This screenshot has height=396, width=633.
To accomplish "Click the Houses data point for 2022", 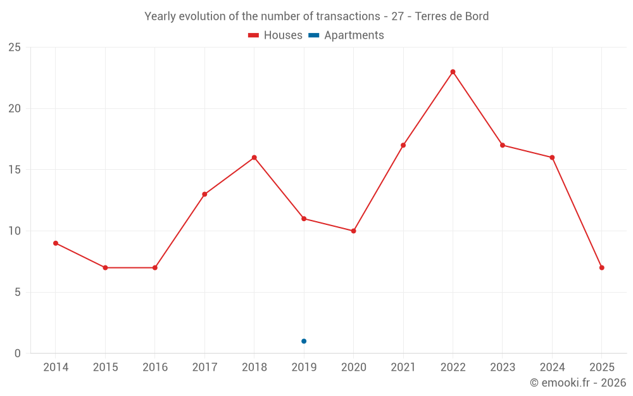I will click(x=453, y=72).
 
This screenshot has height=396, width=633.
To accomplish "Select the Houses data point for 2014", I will click(x=56, y=243).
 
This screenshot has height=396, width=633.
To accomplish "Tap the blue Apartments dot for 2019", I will click(x=304, y=341).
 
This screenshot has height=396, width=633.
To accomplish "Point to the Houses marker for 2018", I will click(x=254, y=158).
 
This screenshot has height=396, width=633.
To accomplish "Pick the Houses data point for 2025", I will click(x=601, y=267).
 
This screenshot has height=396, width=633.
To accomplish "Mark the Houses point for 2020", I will click(x=353, y=231).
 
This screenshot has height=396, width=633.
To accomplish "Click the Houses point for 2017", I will click(x=204, y=194).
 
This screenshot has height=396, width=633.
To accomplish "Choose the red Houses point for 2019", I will click(x=304, y=219).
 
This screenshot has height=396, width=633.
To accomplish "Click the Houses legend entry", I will click(x=275, y=35).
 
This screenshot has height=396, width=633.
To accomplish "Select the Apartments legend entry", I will click(x=346, y=35).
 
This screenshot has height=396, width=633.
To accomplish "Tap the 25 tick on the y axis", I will click(x=15, y=48).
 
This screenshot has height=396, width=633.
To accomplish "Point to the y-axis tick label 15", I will click(x=15, y=170).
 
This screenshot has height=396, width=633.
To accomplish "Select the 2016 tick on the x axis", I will click(x=155, y=367).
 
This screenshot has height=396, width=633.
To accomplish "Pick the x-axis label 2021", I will click(x=403, y=367).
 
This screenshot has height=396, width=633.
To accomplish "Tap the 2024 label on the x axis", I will click(x=552, y=367).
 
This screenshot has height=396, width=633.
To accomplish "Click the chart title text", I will click(x=316, y=16).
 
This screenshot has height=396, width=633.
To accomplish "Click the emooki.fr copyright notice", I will click(x=577, y=383).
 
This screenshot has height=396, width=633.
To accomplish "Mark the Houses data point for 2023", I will click(x=503, y=145).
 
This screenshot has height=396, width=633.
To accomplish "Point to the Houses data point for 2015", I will click(x=105, y=267).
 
